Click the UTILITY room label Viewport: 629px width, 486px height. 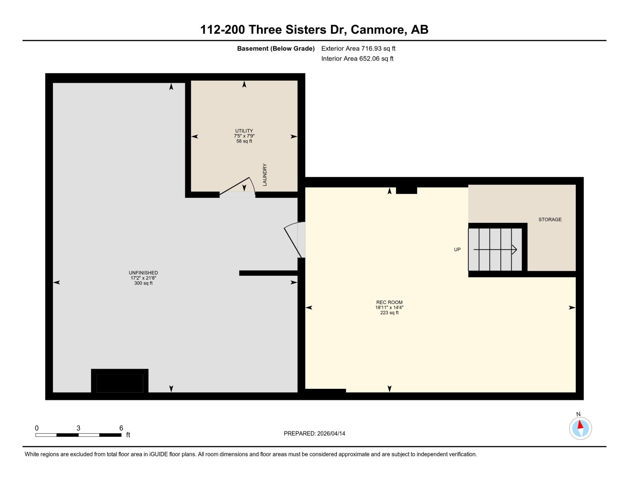pyautogui.click(x=244, y=131)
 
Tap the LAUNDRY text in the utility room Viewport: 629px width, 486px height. pyautogui.click(x=264, y=175)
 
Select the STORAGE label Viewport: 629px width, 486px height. pyautogui.click(x=550, y=220)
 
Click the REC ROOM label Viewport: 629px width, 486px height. pyautogui.click(x=389, y=302)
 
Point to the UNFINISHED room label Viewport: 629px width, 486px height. pyautogui.click(x=143, y=273)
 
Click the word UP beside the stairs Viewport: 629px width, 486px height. pyautogui.click(x=457, y=249)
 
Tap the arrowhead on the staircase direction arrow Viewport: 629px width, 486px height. pyautogui.click(x=515, y=249)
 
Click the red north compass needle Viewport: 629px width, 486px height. pyautogui.click(x=580, y=425)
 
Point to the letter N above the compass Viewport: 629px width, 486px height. pyautogui.click(x=578, y=414)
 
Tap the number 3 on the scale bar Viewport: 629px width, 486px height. pyautogui.click(x=78, y=428)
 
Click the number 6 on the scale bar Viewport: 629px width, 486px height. pyautogui.click(x=121, y=428)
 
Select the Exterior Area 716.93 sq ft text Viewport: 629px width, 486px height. pyautogui.click(x=358, y=48)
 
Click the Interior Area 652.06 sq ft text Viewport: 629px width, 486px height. pyautogui.click(x=357, y=59)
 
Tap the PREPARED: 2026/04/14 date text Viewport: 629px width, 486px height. pyautogui.click(x=314, y=433)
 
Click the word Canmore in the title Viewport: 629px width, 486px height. pyautogui.click(x=377, y=30)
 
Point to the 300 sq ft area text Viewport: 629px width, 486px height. pyautogui.click(x=143, y=283)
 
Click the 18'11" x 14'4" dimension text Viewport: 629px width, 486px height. pyautogui.click(x=389, y=308)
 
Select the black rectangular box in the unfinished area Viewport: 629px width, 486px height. pyautogui.click(x=120, y=381)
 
